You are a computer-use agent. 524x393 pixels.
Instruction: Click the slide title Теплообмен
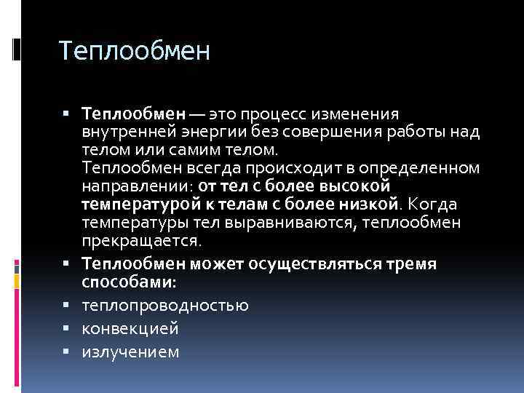coord(134,52)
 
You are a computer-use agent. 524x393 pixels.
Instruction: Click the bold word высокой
coord(361,186)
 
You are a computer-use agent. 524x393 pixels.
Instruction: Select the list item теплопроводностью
coord(165,306)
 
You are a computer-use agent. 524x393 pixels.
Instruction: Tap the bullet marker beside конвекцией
coord(75,329)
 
